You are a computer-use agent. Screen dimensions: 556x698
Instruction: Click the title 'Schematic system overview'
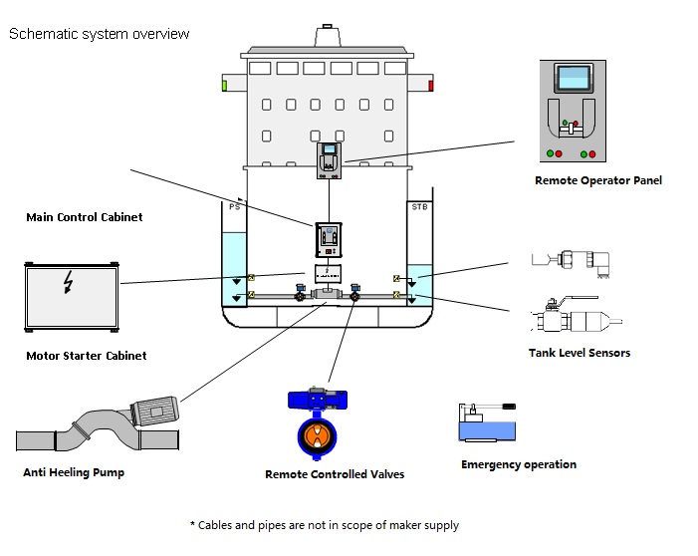99,34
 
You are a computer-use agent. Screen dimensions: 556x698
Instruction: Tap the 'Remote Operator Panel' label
597,180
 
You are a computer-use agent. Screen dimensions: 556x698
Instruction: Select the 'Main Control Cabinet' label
84,217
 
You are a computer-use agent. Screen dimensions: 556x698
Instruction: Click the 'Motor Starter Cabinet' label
86,356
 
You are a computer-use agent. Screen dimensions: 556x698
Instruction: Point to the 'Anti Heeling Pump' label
74,472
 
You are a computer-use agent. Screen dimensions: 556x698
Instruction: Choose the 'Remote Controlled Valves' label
335,474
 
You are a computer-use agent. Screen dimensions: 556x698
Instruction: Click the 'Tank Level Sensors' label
579,353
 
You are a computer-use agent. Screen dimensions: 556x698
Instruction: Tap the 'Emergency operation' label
518,464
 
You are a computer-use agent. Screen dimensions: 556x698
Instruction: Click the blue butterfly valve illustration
319,417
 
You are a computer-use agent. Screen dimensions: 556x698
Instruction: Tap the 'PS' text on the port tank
235,206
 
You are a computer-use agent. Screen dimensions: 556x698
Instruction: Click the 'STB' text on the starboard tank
419,206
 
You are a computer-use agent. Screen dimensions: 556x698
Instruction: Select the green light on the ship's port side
225,86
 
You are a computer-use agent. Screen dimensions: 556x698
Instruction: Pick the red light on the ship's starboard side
430,86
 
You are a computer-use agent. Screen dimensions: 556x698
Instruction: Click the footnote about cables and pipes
324,525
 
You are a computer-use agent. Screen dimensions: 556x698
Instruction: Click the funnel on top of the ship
328,38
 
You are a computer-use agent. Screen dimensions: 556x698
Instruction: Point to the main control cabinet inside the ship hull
328,240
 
